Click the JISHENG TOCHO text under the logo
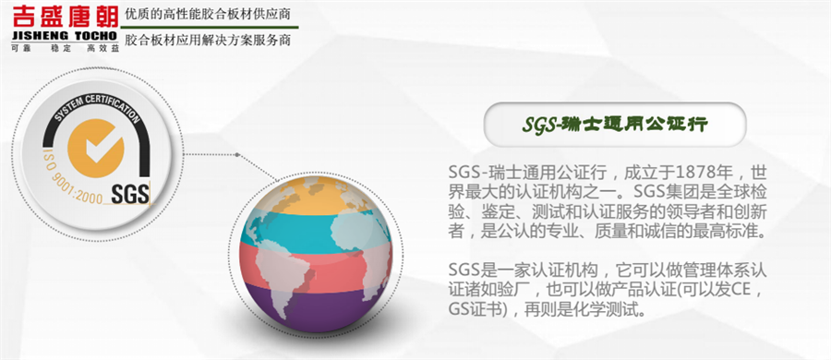[x=65, y=36]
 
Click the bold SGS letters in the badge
[x=130, y=194]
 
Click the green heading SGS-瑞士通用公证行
[x=615, y=126]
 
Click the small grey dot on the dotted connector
[x=237, y=155]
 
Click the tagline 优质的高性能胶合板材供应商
[x=207, y=15]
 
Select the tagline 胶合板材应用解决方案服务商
[x=207, y=41]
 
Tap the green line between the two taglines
[x=210, y=27]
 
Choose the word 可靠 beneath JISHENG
[x=18, y=48]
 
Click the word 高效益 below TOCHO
[x=103, y=48]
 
